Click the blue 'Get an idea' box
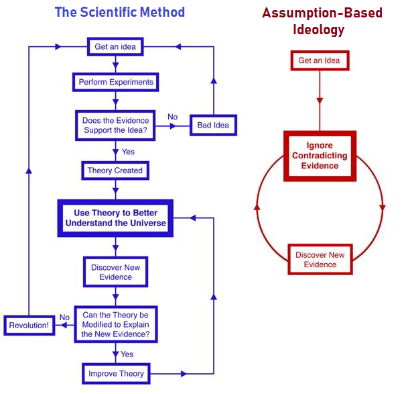(x=116, y=48)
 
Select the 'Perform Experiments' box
(x=116, y=83)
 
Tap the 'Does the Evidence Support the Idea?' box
(x=116, y=126)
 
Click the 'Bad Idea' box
(x=213, y=125)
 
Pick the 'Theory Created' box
(x=115, y=170)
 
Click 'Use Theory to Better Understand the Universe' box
(x=115, y=218)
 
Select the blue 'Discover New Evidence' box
(x=116, y=273)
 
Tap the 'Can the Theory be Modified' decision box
(x=116, y=325)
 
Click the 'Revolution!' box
(x=29, y=326)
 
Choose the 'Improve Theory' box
(x=116, y=373)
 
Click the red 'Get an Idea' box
(x=319, y=60)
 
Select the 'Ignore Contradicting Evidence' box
(x=320, y=156)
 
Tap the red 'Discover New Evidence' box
(x=320, y=260)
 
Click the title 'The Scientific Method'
(x=120, y=12)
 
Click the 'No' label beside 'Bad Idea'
(x=172, y=117)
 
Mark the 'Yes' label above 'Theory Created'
(x=127, y=152)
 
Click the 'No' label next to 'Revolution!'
(x=64, y=317)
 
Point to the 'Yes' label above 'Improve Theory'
(x=127, y=354)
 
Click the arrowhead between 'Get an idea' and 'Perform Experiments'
(x=116, y=66)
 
